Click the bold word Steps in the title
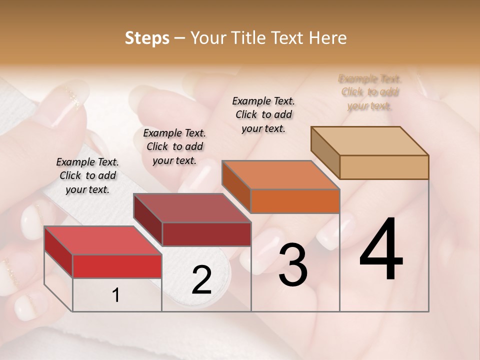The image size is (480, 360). pyautogui.click(x=147, y=38)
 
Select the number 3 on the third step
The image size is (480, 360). pyautogui.click(x=293, y=265)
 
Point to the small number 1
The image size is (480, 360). pyautogui.click(x=116, y=295)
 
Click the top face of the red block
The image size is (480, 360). pyautogui.click(x=103, y=240)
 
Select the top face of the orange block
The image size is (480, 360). pyautogui.click(x=280, y=175)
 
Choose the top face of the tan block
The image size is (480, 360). pyautogui.click(x=369, y=141)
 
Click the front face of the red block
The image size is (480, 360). pyautogui.click(x=117, y=266)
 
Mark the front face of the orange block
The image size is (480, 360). pyautogui.click(x=295, y=201)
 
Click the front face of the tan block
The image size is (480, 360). pyautogui.click(x=384, y=167)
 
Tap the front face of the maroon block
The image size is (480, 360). pyautogui.click(x=206, y=234)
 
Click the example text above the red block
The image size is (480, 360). pyautogui.click(x=87, y=176)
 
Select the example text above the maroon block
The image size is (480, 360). pyautogui.click(x=174, y=147)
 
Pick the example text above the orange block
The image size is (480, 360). pyautogui.click(x=263, y=114)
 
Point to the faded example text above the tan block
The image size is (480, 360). pyautogui.click(x=369, y=92)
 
